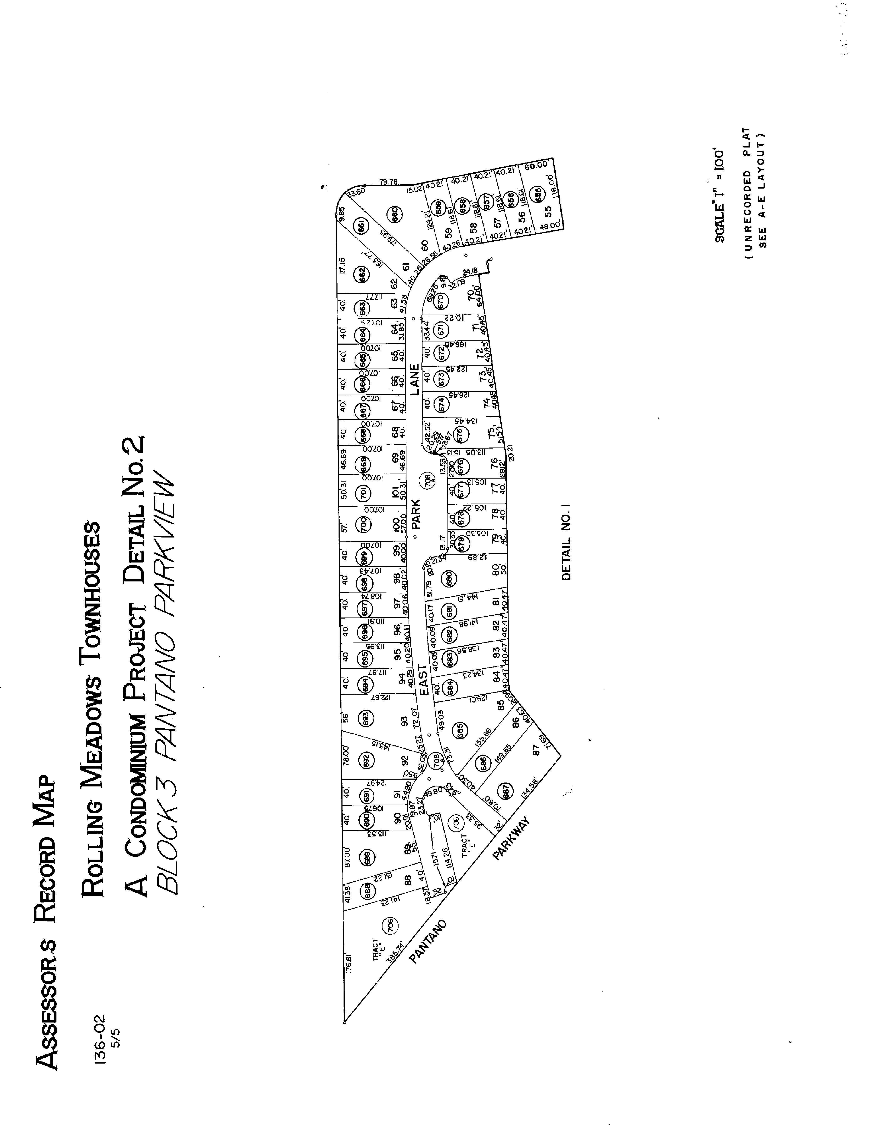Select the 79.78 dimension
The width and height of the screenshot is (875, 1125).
[389, 182]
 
